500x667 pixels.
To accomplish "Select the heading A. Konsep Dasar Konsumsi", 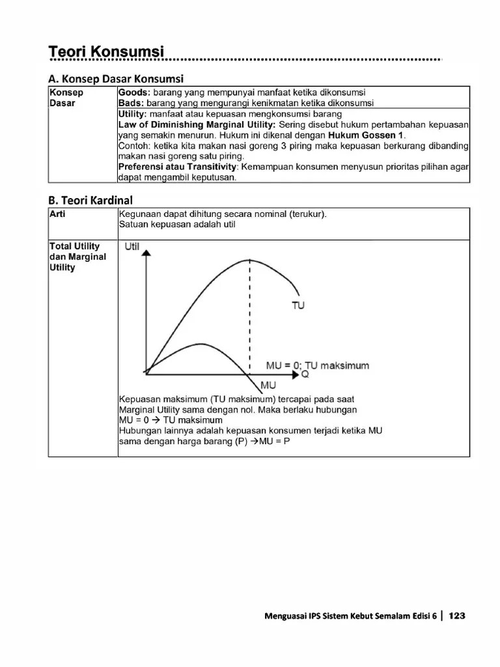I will coord(117,79).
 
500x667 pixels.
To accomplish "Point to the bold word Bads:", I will coord(130,103).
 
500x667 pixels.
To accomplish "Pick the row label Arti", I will coord(58,214).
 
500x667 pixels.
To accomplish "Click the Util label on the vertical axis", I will coord(133,247).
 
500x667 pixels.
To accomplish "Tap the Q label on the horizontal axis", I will coord(305,375).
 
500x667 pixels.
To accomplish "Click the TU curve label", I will coord(298,304).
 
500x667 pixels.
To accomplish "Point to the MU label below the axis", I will coord(268,385).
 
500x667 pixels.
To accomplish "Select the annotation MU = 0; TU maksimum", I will coord(317,365).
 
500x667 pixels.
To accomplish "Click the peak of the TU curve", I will coord(249,260).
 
